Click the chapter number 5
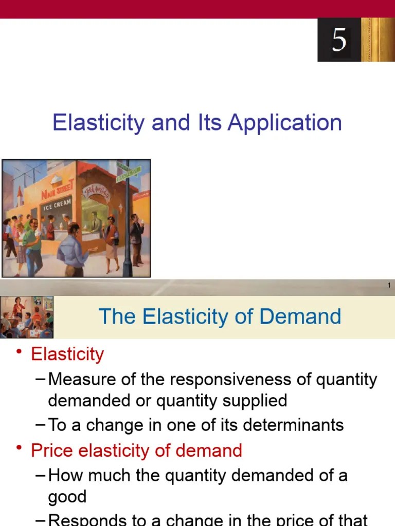pyautogui.click(x=339, y=40)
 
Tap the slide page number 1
pyautogui.click(x=389, y=286)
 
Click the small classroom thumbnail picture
pyautogui.click(x=27, y=316)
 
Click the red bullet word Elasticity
pyautogui.click(x=67, y=354)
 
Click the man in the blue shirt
pyautogui.click(x=73, y=252)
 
